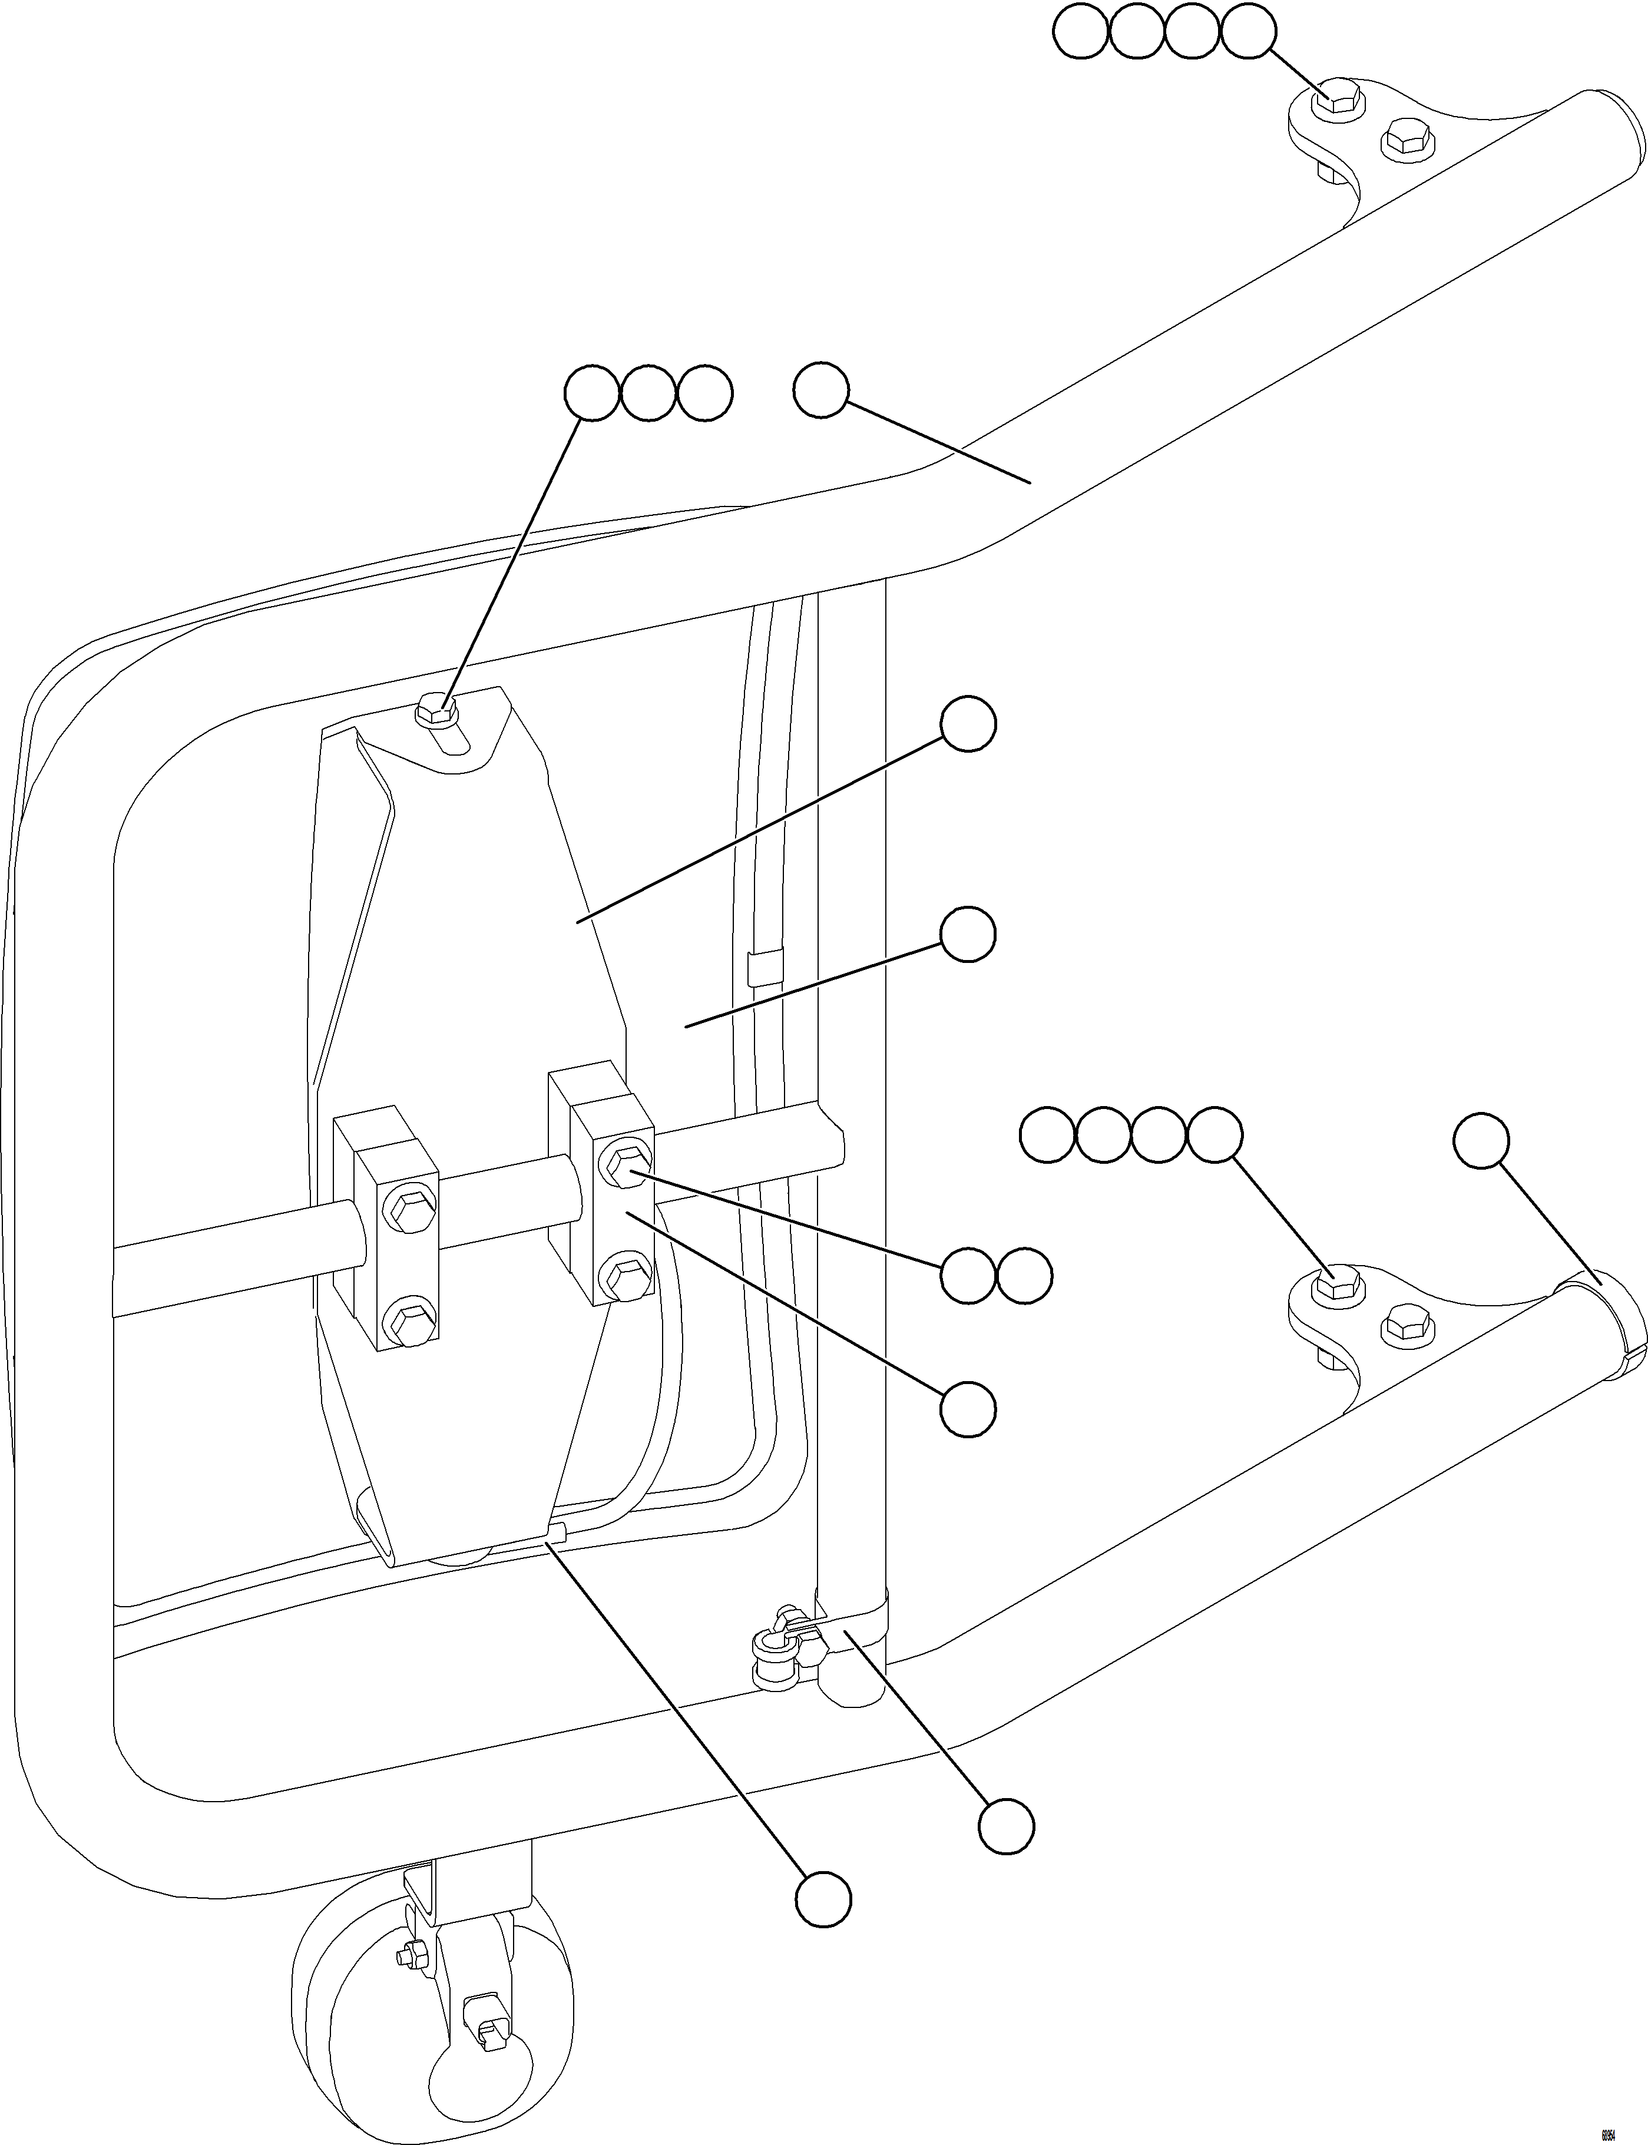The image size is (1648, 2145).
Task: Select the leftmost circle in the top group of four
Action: tap(1080, 34)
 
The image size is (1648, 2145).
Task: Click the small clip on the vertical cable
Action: tap(764, 966)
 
